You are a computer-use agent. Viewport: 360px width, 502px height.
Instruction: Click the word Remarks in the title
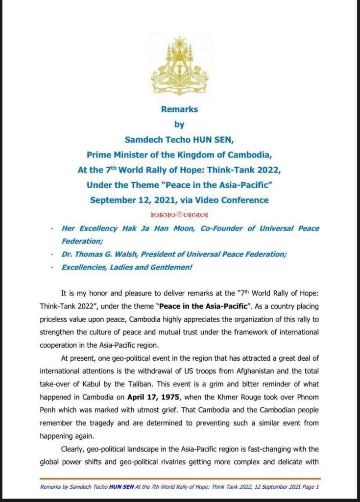[x=180, y=109]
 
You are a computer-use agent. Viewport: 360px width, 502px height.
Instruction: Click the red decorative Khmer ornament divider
[x=180, y=214]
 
